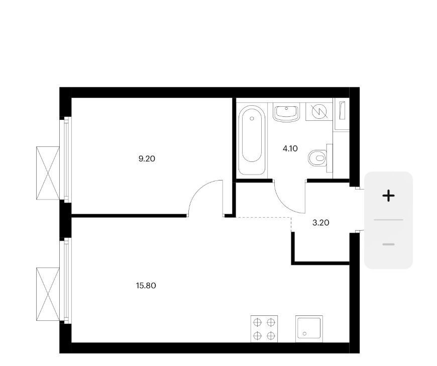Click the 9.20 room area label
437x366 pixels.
click(x=147, y=159)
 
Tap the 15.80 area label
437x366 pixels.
click(x=146, y=286)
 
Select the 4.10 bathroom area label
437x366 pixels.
click(x=290, y=149)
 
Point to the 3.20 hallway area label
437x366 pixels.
click(x=321, y=223)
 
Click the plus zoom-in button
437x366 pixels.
click(x=388, y=196)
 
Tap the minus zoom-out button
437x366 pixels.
click(x=388, y=244)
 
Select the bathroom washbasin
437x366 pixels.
click(x=286, y=113)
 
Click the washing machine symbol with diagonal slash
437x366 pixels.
click(x=319, y=112)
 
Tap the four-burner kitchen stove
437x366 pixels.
click(x=264, y=329)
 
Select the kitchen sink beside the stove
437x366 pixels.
click(x=309, y=329)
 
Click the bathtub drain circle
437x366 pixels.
click(x=252, y=118)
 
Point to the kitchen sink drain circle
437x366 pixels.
click(x=304, y=333)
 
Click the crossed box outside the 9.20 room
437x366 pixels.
click(x=48, y=173)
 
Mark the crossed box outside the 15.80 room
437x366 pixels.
click(x=48, y=294)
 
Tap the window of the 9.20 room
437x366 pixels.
click(x=66, y=159)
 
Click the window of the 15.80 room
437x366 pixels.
click(x=66, y=281)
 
